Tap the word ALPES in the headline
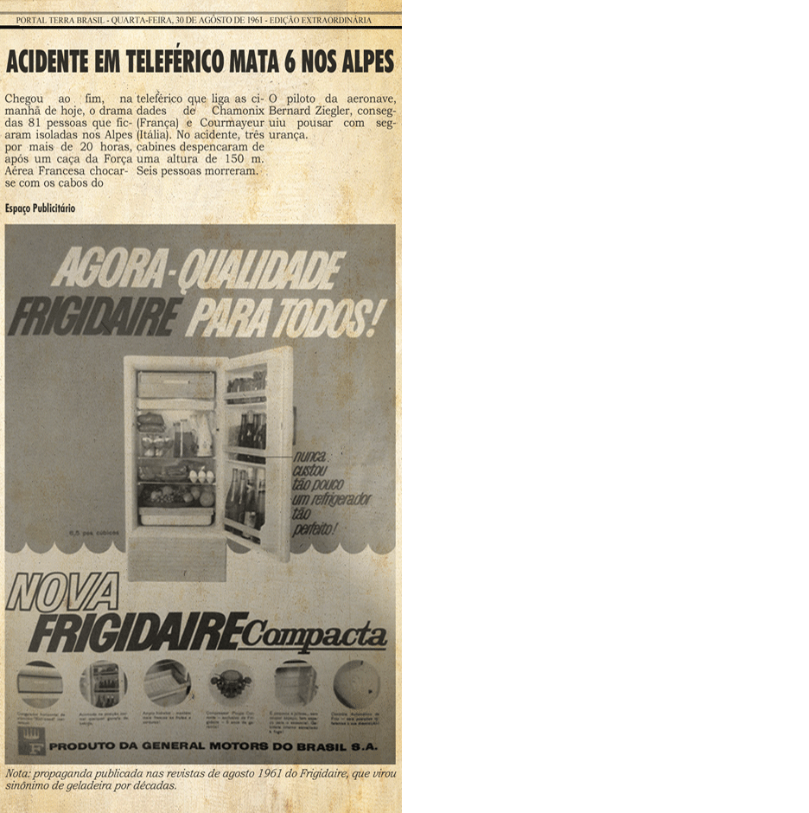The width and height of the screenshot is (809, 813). (x=366, y=63)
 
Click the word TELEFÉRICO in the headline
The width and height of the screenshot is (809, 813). (x=173, y=63)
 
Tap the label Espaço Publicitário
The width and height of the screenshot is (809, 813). (x=40, y=208)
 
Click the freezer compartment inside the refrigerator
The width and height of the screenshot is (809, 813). (x=175, y=385)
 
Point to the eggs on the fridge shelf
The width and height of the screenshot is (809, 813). (x=201, y=476)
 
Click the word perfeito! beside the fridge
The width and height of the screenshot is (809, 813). (x=315, y=528)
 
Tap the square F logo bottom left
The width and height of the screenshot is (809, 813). (x=31, y=744)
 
